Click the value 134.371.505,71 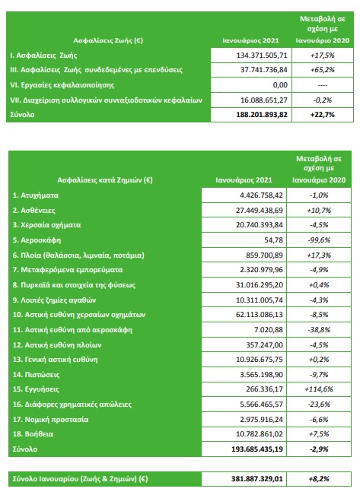262,56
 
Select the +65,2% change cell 323,70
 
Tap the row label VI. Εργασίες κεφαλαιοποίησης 62,85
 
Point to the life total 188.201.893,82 262,115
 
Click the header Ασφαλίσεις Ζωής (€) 108,40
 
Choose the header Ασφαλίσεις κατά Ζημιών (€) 105,180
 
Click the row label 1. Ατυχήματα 36,195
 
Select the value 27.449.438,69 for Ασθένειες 260,211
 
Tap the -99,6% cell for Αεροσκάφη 319,240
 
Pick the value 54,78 274,240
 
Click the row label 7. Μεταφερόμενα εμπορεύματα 68,270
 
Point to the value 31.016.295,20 260,284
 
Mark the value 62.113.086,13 260,315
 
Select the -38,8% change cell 319,329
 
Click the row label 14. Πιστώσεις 36,374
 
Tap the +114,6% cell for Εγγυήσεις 319,389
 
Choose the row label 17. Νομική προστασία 50,419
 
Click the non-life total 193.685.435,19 257,449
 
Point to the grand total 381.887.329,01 257,479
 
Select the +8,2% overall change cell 319,479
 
